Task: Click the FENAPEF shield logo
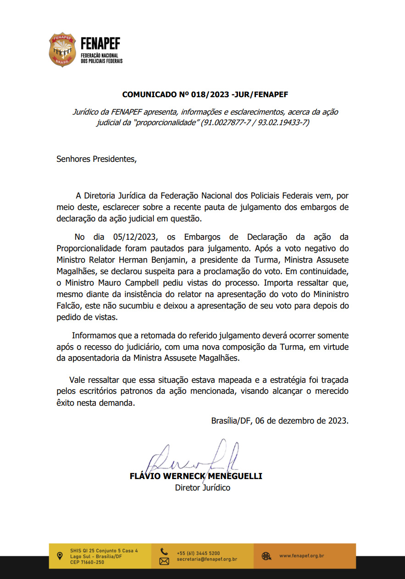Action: coord(62,50)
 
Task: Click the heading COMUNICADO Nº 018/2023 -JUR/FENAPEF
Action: coord(205,95)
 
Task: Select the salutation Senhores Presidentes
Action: coord(96,159)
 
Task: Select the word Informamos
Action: coord(94,335)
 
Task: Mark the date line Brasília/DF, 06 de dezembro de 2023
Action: coord(280,420)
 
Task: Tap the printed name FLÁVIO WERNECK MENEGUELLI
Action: coord(196,476)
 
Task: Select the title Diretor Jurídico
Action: coord(202,488)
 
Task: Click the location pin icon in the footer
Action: coord(59,556)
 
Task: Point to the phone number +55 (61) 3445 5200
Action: coord(198,553)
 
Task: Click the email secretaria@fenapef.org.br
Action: coord(207,559)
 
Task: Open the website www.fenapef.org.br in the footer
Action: coord(301,556)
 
